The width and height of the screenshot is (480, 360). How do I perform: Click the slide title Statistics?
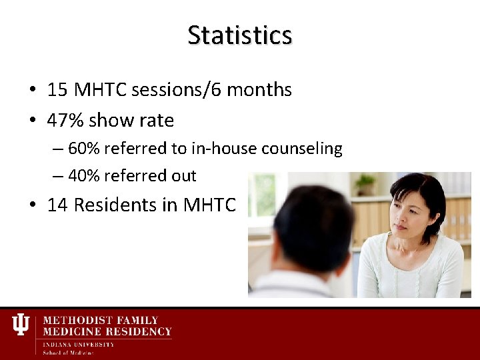(x=239, y=35)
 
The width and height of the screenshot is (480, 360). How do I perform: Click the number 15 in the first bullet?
(x=58, y=89)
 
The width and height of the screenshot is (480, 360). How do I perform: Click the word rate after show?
(x=158, y=120)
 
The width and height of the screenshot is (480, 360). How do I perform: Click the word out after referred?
(x=183, y=176)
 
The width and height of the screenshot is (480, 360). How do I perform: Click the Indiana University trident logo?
(x=21, y=325)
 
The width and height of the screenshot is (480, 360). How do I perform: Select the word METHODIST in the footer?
(x=75, y=321)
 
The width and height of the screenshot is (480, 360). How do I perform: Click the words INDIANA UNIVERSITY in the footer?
(x=79, y=345)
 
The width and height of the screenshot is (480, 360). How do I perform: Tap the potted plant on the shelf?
(x=365, y=183)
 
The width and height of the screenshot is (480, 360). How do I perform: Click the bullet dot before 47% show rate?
(x=32, y=121)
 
